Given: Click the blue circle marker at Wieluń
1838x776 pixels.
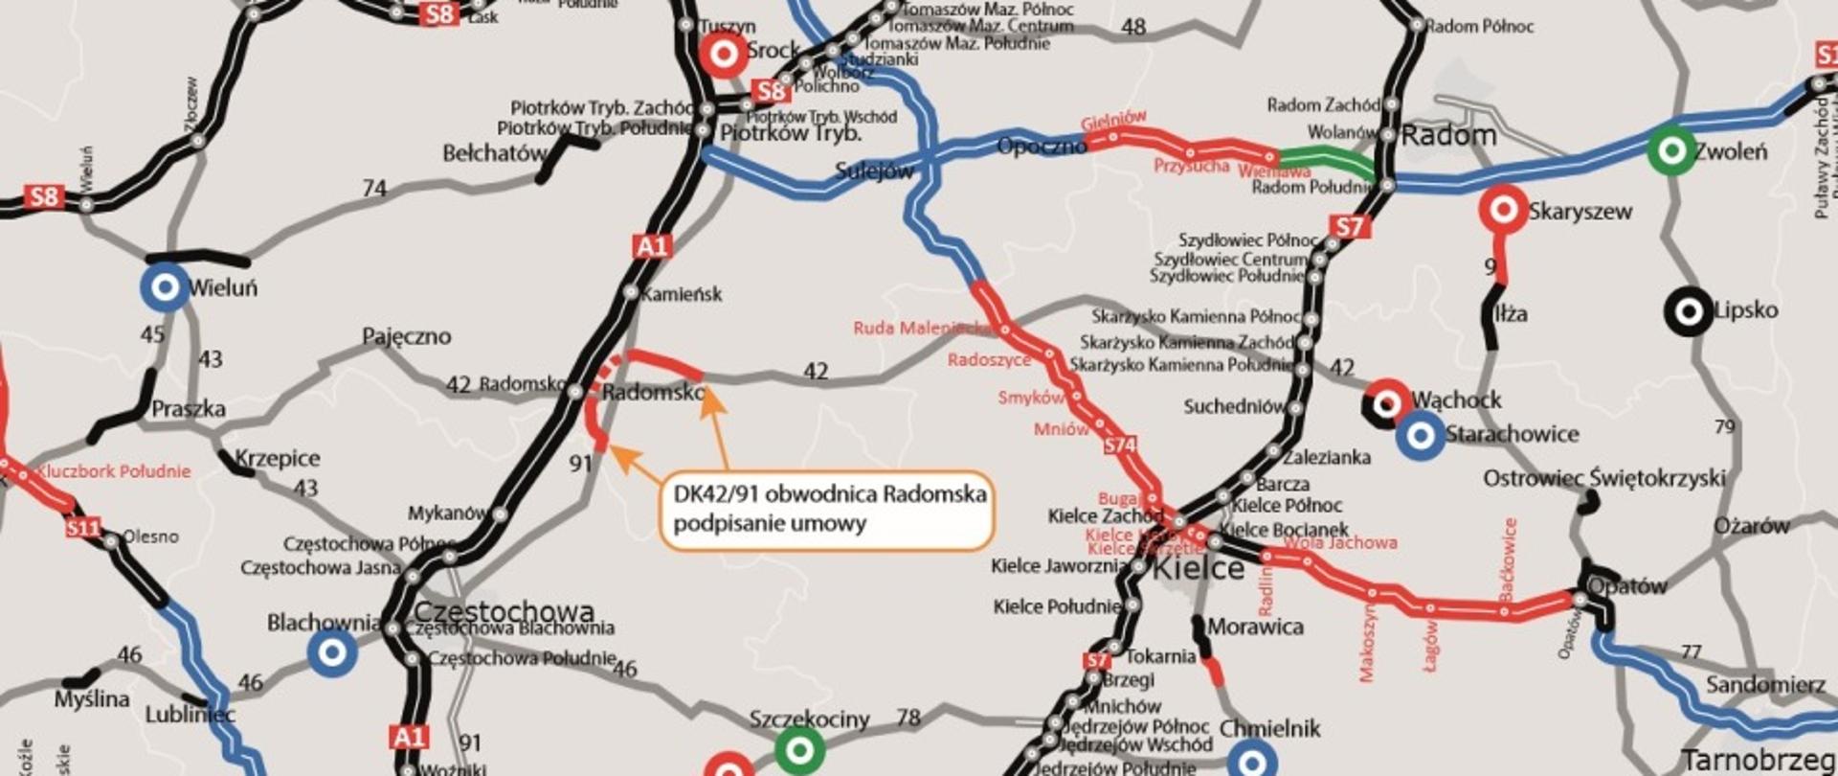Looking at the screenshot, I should pos(165,286).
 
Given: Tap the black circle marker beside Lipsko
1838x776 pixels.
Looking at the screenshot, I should pos(1689,310).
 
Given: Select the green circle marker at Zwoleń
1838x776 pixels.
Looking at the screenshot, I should pos(1671,150).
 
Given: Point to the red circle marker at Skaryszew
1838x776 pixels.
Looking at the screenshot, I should pos(1503,210).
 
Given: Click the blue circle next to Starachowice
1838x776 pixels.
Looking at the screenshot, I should pos(1421,435).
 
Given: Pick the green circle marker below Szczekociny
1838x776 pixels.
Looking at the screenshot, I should pos(798,749).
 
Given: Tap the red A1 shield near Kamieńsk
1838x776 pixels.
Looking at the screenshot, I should pos(652,246).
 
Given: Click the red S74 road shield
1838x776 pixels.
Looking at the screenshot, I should pos(1120,445).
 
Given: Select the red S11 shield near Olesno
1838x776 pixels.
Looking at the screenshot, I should pos(83,527).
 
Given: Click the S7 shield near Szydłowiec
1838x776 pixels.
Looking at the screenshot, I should pos(1349,227).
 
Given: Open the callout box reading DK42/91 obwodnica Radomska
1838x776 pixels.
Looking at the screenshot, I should pos(828,509).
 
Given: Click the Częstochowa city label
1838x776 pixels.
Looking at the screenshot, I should pos(504,611).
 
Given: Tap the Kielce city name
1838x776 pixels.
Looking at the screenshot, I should pos(1199,569).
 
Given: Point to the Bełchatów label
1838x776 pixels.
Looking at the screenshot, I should pos(495,153).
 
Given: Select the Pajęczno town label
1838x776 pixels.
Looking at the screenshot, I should pos(406,336).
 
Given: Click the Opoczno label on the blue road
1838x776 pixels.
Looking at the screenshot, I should pos(1042,147).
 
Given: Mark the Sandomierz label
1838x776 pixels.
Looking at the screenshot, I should pos(1765,684).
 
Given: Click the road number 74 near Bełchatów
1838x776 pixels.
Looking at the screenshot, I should pos(374,189).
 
